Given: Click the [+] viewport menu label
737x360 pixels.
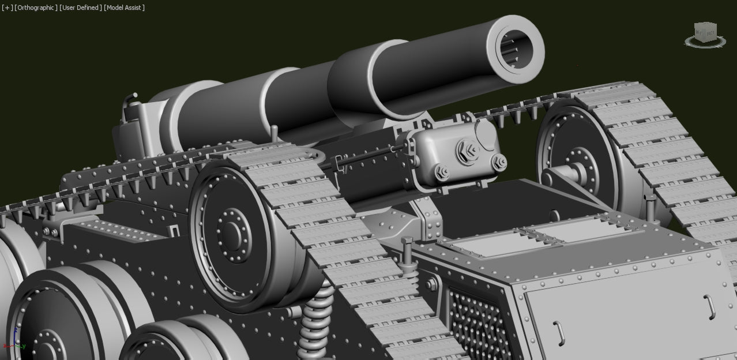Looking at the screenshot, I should [7, 7].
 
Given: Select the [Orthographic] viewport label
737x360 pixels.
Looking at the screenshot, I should [36, 7].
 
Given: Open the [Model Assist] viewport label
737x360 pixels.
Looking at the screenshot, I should [124, 7].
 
